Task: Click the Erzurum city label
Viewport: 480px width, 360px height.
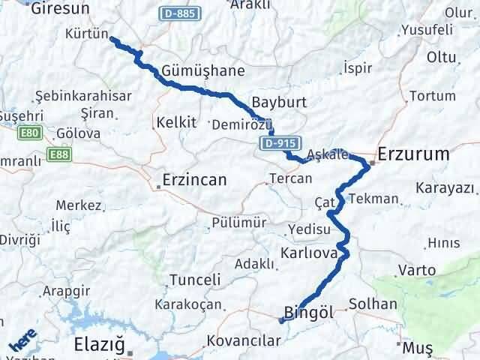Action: (414, 154)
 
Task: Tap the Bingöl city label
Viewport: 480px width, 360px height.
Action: (309, 312)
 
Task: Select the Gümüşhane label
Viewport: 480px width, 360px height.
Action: (193, 70)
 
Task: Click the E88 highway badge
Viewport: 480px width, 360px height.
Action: (57, 154)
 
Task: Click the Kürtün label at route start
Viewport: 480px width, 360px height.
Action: (87, 35)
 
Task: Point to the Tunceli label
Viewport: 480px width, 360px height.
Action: (196, 280)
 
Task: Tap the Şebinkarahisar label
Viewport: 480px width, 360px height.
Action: (83, 96)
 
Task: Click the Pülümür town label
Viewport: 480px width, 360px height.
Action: (239, 223)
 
